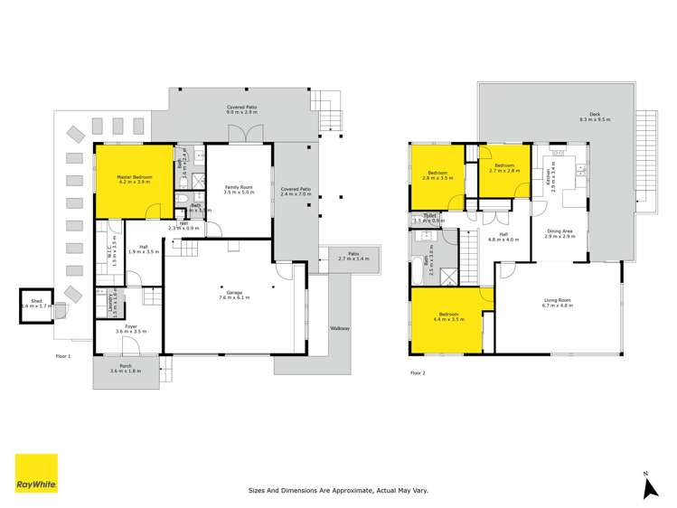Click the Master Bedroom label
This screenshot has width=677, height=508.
click(x=119, y=178)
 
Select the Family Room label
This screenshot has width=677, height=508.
click(x=240, y=189)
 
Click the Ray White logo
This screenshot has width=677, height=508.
click(x=36, y=474)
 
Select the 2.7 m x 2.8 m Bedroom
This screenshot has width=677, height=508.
click(x=502, y=167)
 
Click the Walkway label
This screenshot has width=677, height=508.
click(x=340, y=328)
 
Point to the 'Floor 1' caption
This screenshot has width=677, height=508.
click(x=62, y=356)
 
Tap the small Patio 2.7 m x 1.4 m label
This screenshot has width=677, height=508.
click(x=348, y=257)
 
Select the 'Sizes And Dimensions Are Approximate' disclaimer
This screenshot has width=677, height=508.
click(x=338, y=490)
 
